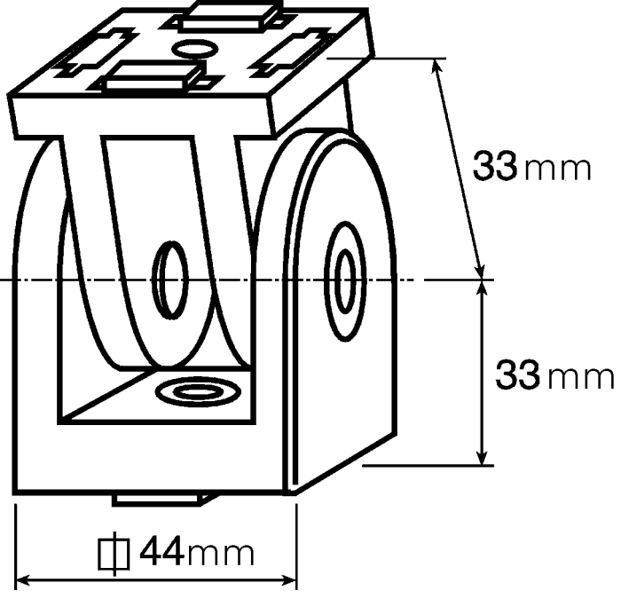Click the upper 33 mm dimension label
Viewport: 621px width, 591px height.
(531, 166)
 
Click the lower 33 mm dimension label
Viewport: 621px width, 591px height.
(554, 374)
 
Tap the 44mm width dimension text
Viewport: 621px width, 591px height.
(197, 551)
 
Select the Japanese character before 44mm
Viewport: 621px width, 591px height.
(114, 554)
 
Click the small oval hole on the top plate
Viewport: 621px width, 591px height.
(195, 49)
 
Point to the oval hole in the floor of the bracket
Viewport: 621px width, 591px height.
(199, 392)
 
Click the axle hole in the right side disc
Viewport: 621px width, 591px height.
(345, 281)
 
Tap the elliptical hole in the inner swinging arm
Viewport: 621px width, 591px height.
(170, 280)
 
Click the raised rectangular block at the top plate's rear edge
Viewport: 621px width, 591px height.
(230, 17)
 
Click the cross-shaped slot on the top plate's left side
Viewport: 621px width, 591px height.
(96, 52)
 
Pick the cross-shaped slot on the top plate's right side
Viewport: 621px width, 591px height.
(290, 52)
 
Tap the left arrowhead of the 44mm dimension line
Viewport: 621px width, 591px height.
(22, 580)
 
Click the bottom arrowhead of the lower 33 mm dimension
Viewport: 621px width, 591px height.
(481, 458)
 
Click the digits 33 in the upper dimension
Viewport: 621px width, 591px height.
(495, 166)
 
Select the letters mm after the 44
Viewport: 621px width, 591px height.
(221, 554)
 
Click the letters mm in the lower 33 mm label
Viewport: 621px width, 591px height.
(581, 377)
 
